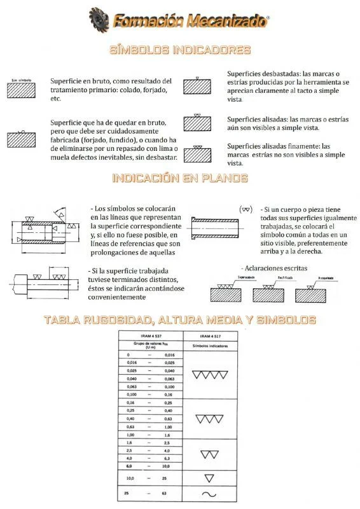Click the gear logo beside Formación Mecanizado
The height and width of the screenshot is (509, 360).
point(99,20)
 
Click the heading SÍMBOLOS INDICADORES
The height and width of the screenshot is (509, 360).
point(180,50)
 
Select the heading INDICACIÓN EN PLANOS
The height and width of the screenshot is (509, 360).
point(180,178)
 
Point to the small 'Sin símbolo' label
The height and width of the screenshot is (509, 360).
point(21,80)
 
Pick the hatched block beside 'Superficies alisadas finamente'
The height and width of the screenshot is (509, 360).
point(197,154)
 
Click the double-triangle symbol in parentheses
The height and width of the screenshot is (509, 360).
point(246,209)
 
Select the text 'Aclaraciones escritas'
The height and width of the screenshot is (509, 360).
point(274,268)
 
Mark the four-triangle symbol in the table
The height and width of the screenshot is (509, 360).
point(210,375)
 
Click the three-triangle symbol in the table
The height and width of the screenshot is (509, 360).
point(210,419)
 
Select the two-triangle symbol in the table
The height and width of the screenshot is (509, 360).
point(210,454)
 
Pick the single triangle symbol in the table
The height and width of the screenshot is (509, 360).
point(210,477)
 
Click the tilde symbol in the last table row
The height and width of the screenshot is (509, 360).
point(210,494)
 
